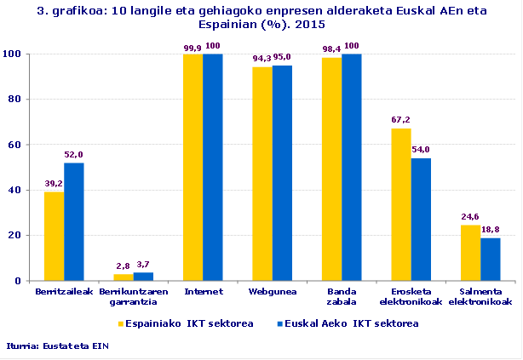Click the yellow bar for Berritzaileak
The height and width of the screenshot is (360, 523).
55,236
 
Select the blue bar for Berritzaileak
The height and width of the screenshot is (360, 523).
74,221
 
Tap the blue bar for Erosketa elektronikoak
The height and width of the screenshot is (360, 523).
420,219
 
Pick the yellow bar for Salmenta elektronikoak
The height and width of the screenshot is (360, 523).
470,253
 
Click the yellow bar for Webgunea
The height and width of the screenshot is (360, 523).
262,174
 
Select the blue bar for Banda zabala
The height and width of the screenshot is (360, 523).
351,167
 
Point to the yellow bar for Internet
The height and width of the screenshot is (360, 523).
193,167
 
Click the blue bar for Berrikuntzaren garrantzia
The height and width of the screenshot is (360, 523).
143,276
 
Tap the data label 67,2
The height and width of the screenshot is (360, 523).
400,120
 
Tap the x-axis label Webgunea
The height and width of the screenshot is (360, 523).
272,291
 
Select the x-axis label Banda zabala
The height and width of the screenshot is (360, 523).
342,296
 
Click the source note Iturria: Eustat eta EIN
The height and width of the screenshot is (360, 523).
58,346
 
